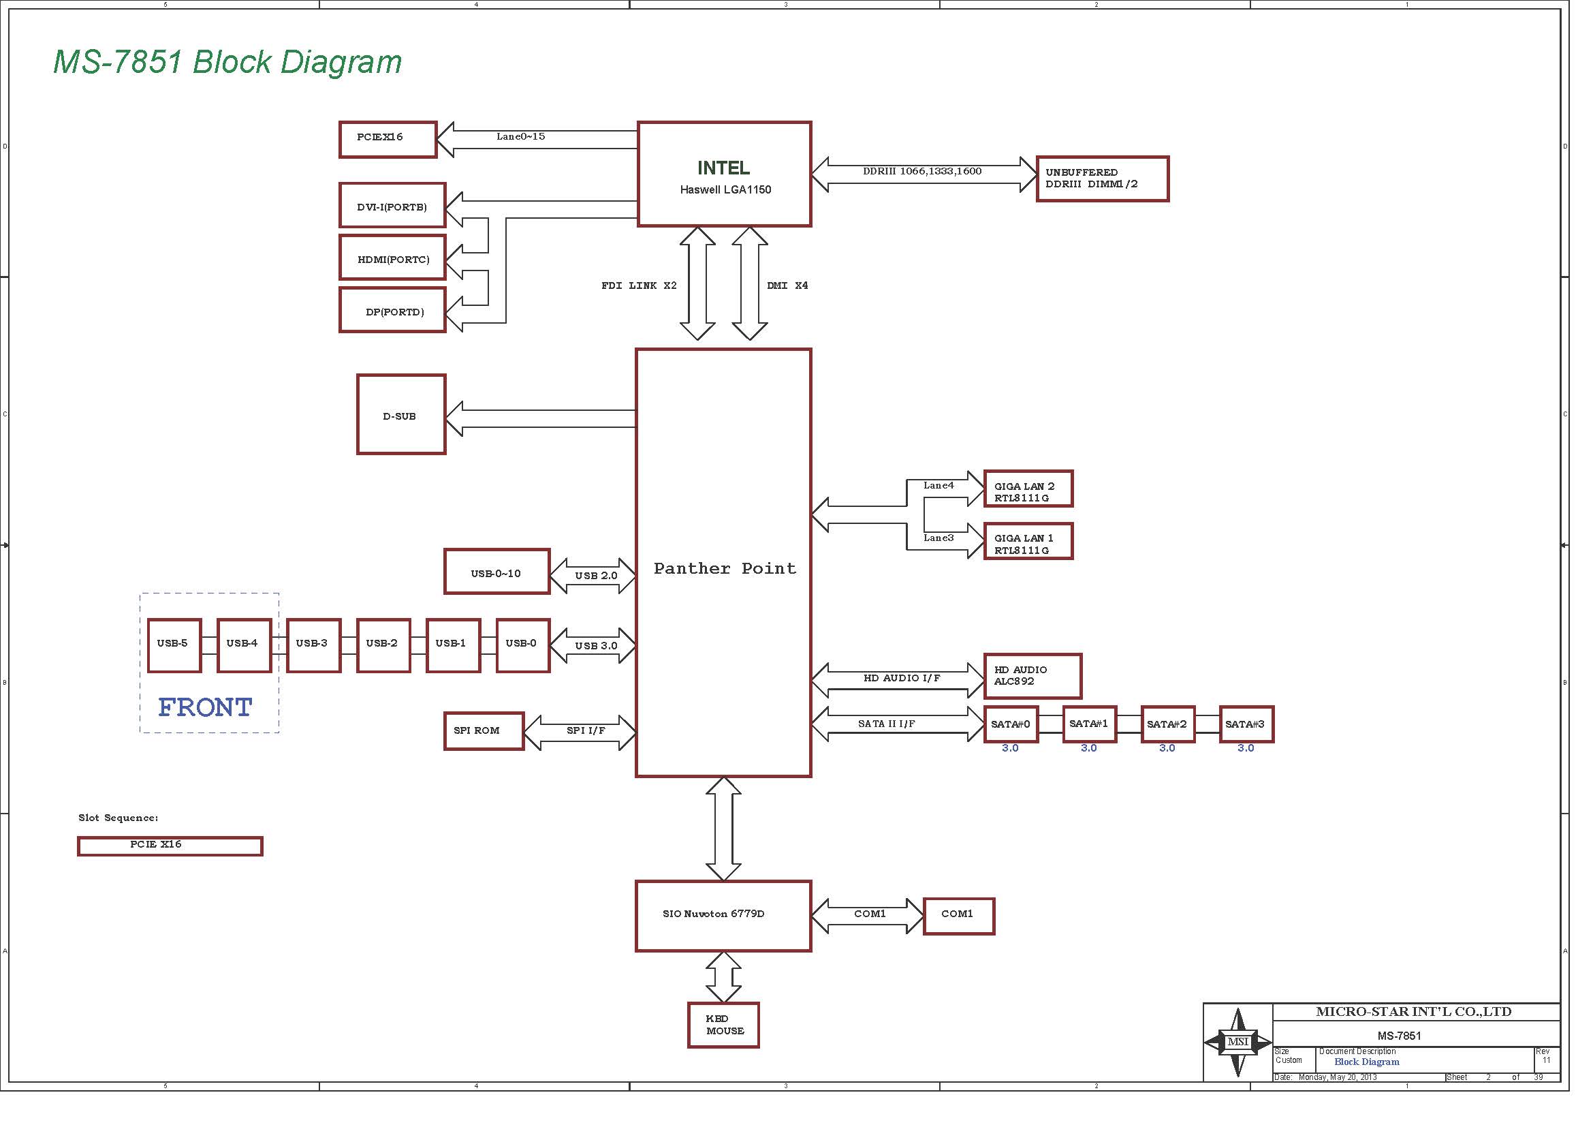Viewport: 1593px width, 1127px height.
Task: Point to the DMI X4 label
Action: pyautogui.click(x=787, y=285)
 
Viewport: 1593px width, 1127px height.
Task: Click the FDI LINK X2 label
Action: pyautogui.click(x=638, y=285)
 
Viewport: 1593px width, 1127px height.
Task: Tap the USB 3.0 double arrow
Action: pyautogui.click(x=593, y=645)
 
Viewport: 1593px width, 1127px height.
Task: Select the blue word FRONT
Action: pyautogui.click(x=206, y=707)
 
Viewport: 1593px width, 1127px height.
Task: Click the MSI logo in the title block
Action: pyautogui.click(x=1237, y=1041)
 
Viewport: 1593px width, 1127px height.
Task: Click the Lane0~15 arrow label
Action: pyautogui.click(x=520, y=136)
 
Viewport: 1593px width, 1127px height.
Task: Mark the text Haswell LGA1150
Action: pyautogui.click(x=725, y=189)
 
